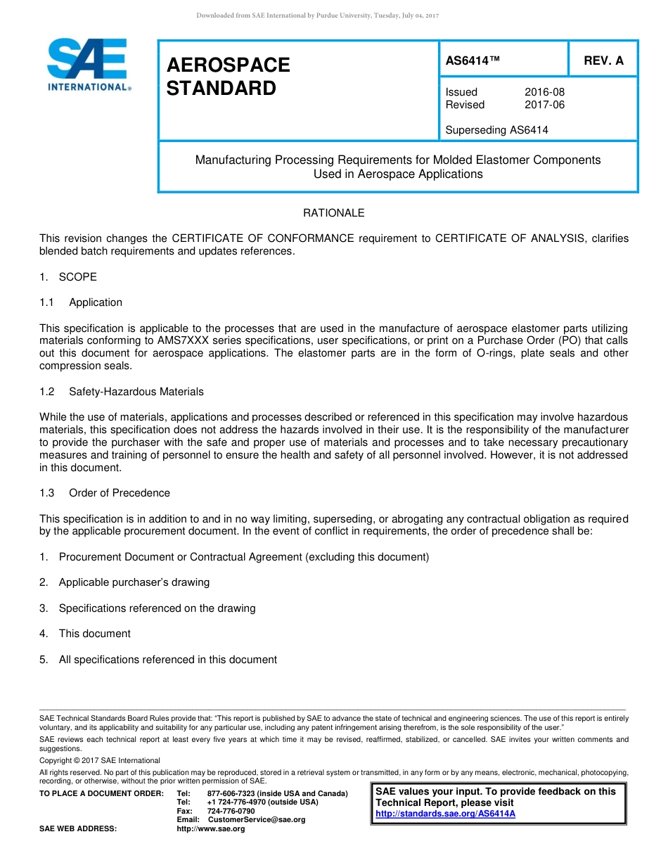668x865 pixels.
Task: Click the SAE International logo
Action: pyautogui.click(x=88, y=65)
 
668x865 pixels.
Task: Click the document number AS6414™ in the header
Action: pyautogui.click(x=473, y=61)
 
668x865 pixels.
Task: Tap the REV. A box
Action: pyautogui.click(x=603, y=61)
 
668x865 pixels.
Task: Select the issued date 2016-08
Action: pyautogui.click(x=544, y=92)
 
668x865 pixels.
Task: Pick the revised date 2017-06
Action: pyautogui.click(x=544, y=105)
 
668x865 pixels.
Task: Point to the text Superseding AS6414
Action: pyautogui.click(x=496, y=130)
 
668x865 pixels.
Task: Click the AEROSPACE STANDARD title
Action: pyautogui.click(x=228, y=77)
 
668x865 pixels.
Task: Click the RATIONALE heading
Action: pyautogui.click(x=333, y=213)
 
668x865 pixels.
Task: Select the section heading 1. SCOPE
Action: pyautogui.click(x=68, y=277)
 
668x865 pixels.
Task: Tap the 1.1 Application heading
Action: pyautogui.click(x=81, y=302)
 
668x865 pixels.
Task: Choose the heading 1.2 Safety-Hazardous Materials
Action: pyautogui.click(x=122, y=392)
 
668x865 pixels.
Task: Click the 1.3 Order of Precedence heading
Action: pyautogui.click(x=105, y=493)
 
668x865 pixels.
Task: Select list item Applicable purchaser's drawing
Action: pyautogui.click(x=134, y=582)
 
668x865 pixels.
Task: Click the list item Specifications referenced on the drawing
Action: pyautogui.click(x=157, y=608)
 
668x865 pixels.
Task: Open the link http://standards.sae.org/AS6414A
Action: pyautogui.click(x=445, y=814)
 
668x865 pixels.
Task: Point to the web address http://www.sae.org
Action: pyautogui.click(x=210, y=829)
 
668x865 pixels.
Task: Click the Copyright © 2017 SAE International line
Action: pyautogui.click(x=100, y=760)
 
